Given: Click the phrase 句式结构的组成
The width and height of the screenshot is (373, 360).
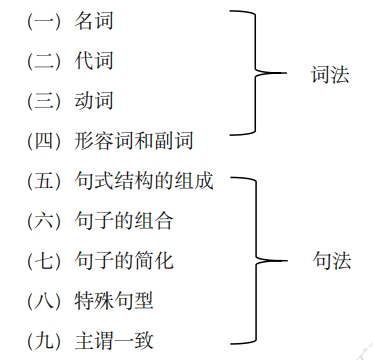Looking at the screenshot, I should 144,181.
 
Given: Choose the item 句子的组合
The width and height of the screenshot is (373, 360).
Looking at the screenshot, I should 124,220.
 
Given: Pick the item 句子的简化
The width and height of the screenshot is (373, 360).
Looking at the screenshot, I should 124,260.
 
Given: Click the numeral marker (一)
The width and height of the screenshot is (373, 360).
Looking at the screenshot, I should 45,22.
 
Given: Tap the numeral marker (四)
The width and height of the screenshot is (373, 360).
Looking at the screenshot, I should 45,141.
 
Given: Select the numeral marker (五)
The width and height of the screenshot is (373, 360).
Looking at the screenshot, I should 45,181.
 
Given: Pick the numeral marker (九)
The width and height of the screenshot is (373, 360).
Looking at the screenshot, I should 45,339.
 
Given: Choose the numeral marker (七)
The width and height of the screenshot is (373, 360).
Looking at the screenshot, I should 45,260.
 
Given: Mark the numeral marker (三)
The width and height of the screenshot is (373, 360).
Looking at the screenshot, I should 45,101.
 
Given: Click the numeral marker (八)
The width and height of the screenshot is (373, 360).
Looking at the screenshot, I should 45,299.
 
